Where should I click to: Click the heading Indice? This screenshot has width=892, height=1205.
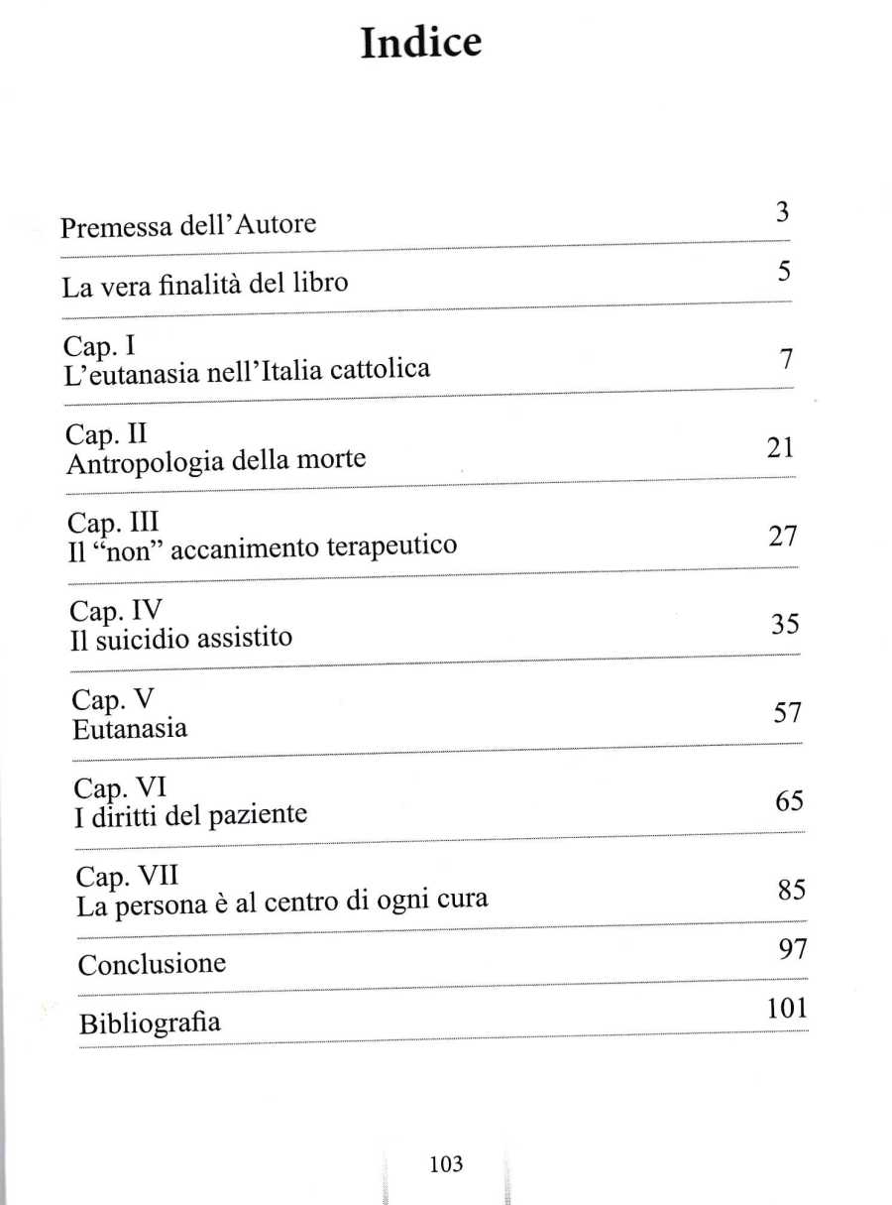point(420,44)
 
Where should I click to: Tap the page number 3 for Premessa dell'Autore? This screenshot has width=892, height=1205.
point(782,211)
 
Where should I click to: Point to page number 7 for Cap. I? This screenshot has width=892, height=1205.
point(785,360)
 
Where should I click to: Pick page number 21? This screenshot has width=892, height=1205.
point(781,448)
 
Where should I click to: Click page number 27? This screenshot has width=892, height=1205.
point(783,537)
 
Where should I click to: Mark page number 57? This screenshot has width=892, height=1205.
point(786,713)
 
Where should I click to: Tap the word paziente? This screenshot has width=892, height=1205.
point(258,816)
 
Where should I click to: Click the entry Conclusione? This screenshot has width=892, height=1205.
point(152,964)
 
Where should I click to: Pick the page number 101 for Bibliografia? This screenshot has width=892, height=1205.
point(787,1010)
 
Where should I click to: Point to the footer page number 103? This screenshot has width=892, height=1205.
point(446,1164)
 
